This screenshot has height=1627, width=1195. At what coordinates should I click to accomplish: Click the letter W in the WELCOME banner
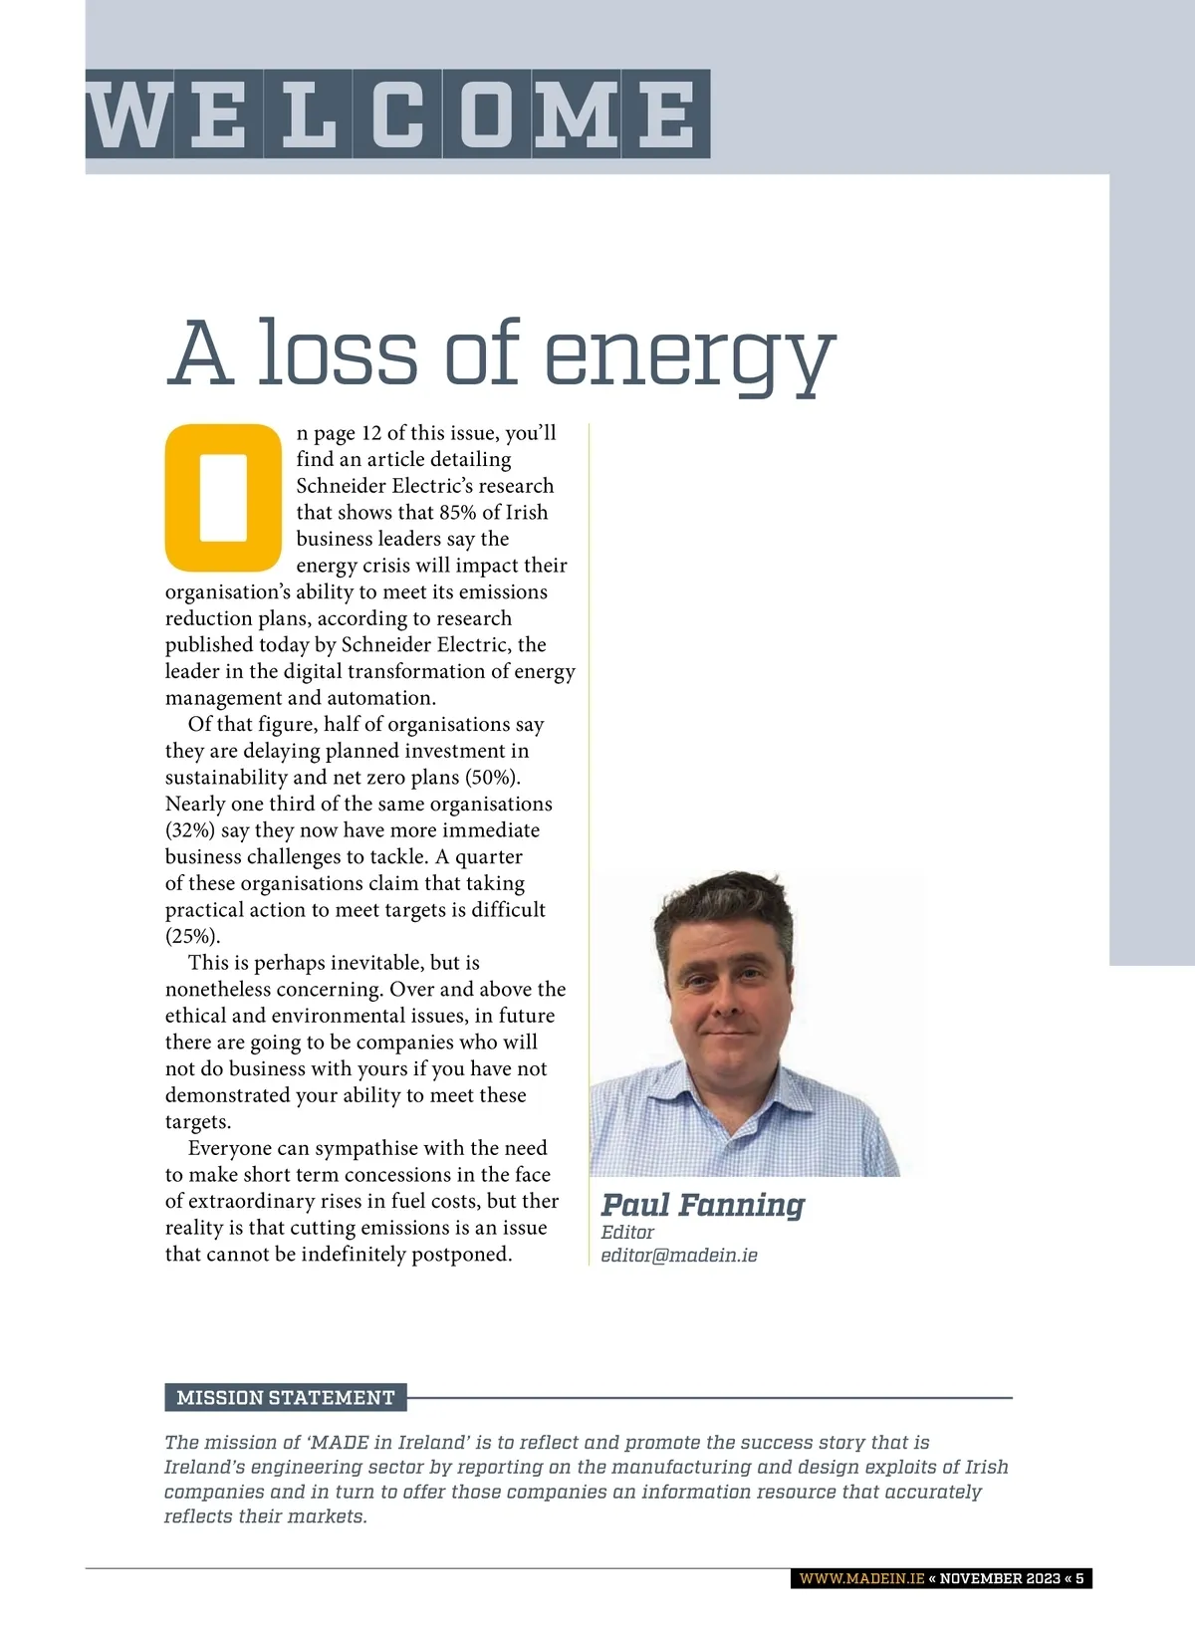click(x=129, y=115)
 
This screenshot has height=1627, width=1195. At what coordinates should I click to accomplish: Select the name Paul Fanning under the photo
click(x=702, y=1205)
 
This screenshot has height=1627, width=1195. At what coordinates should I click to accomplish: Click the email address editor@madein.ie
click(x=678, y=1256)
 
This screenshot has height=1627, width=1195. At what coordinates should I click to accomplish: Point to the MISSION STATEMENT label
click(x=286, y=1398)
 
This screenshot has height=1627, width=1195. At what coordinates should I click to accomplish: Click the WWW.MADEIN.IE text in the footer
click(x=861, y=1579)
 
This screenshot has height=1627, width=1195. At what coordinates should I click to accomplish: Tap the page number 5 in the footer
click(x=1079, y=1579)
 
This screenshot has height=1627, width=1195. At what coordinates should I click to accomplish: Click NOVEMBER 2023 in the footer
click(x=1000, y=1579)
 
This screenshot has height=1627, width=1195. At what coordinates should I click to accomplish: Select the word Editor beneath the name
click(x=627, y=1233)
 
